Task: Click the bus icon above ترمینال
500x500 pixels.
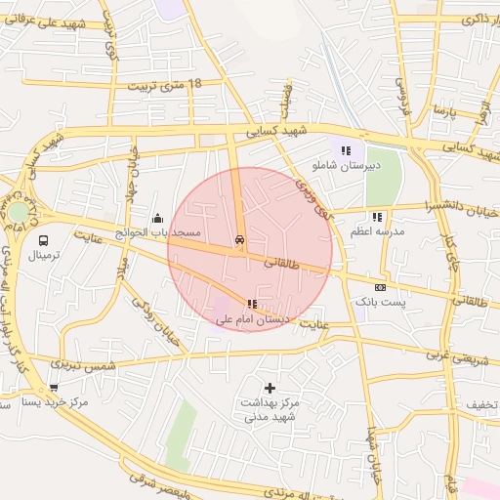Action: point(43,239)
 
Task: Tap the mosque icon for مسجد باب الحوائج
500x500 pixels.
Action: point(157,218)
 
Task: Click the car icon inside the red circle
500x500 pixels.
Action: point(239,239)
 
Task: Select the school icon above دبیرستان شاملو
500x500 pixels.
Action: point(345,150)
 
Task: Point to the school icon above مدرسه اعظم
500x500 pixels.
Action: point(377,217)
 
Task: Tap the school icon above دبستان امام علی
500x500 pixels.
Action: point(252,304)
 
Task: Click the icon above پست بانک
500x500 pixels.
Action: point(380,287)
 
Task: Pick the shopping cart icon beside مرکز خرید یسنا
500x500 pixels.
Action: point(53,387)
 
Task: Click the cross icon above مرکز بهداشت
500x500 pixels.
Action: point(270,388)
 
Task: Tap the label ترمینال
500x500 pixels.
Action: point(43,255)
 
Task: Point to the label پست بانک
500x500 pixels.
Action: point(380,303)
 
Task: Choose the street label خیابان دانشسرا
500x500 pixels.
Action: point(459,207)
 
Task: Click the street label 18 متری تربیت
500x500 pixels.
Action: point(167,86)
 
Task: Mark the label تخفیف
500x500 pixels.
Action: point(481,403)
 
